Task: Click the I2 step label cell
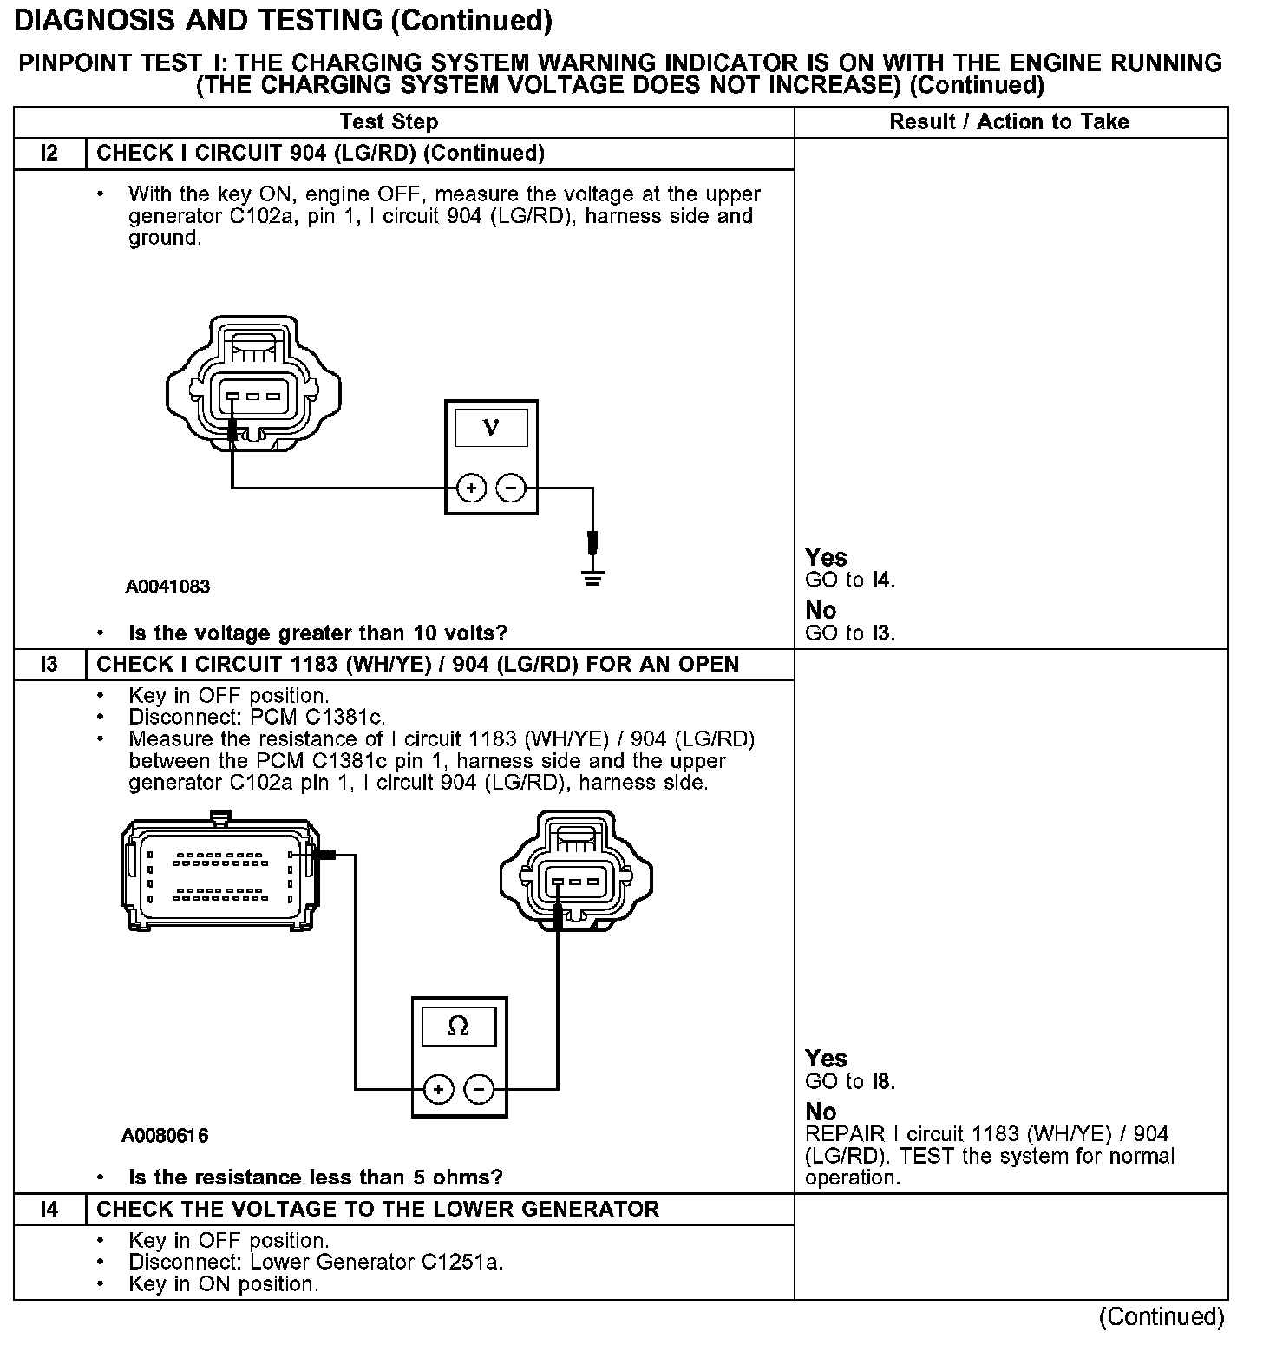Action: (x=49, y=154)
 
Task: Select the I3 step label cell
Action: (x=49, y=665)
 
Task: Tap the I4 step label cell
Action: (x=49, y=1209)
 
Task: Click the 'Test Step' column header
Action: (x=389, y=121)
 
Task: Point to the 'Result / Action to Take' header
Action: (x=1009, y=121)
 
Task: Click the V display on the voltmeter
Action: (x=491, y=427)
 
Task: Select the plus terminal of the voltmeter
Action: (x=471, y=489)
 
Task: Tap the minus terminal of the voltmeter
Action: (x=510, y=489)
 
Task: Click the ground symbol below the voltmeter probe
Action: (x=592, y=579)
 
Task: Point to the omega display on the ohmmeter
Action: (x=458, y=1027)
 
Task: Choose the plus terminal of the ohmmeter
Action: (x=439, y=1089)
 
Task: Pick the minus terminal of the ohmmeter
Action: (x=479, y=1089)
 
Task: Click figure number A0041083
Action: (x=167, y=587)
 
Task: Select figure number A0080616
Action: (x=165, y=1135)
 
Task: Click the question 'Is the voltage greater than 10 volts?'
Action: (x=317, y=633)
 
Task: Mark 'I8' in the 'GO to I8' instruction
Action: (x=881, y=1081)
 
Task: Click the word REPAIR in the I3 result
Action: (x=846, y=1134)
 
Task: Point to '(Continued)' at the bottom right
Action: (x=1162, y=1317)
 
